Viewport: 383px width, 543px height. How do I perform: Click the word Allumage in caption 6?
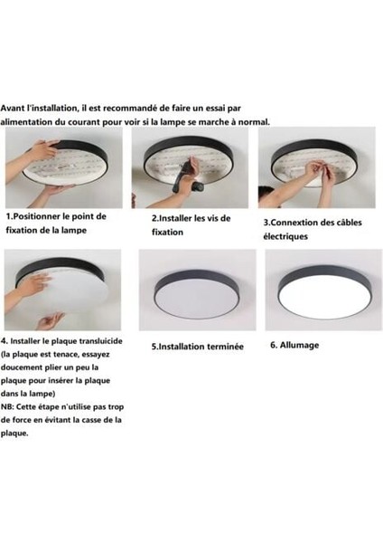(299, 346)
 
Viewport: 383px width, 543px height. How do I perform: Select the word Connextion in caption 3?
(294, 223)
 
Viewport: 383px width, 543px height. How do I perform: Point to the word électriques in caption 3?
(285, 236)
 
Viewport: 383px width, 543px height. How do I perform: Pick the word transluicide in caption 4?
(101, 341)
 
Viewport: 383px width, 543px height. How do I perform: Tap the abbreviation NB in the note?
(6, 407)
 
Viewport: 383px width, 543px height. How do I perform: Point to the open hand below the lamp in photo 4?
(50, 320)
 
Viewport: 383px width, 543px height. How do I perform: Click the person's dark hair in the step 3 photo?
(266, 193)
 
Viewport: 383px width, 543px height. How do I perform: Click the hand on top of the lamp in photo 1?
(42, 149)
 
